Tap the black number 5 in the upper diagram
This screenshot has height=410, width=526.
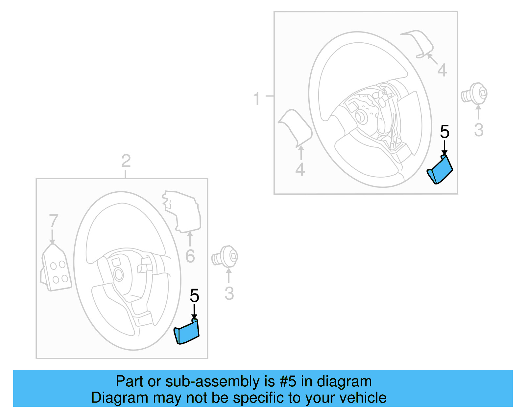tap(444, 132)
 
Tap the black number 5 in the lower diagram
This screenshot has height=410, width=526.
tap(194, 296)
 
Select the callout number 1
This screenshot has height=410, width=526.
tap(257, 99)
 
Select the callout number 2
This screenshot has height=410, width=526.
tap(126, 161)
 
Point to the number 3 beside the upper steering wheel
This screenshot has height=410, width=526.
tap(479, 130)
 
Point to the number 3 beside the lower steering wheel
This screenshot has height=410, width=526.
tap(229, 293)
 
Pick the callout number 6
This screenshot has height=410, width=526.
tap(190, 256)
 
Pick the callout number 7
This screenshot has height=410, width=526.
tap(54, 221)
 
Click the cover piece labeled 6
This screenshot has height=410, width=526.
tap(183, 210)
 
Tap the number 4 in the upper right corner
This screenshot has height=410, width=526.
tap(442, 70)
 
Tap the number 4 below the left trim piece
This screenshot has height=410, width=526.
tap(300, 169)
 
